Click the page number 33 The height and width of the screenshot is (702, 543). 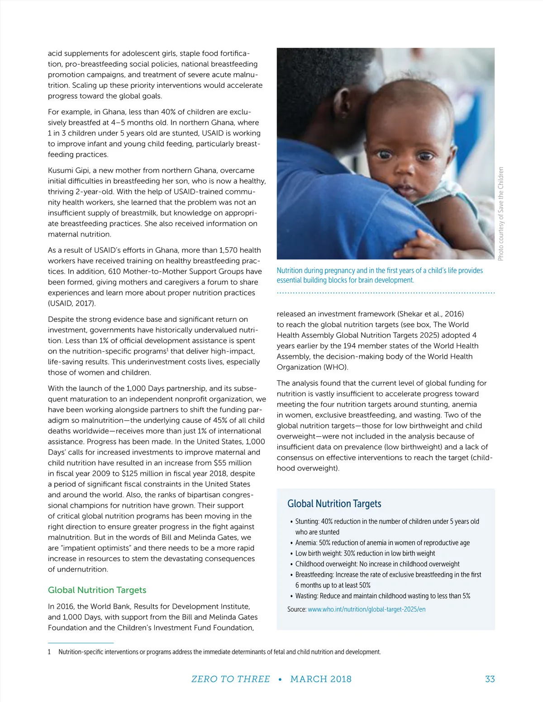point(490,679)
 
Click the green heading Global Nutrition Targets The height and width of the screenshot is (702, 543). point(97,590)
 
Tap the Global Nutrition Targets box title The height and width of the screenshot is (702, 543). point(334,504)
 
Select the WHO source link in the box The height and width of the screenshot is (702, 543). point(367,609)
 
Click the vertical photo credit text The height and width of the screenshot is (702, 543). point(500,213)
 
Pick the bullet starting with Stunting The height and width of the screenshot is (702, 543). point(387,522)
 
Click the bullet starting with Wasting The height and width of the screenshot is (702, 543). point(382,596)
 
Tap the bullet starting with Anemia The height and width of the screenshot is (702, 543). point(382,543)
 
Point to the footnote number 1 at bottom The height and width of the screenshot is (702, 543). point(49,652)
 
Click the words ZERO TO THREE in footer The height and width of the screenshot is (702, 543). point(230,679)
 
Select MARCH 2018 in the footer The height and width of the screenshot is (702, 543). point(321,679)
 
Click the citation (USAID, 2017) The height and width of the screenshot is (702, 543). point(72,303)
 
